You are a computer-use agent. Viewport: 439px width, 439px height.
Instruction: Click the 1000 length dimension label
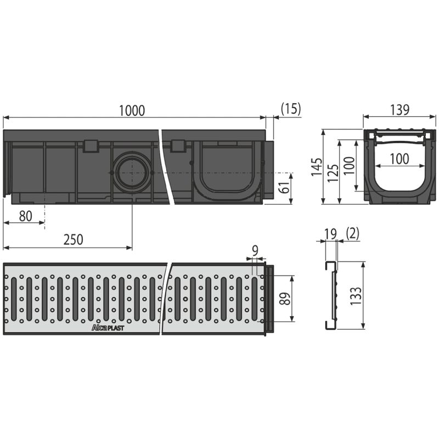(132, 111)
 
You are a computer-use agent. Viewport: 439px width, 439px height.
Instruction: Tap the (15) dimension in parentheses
(291, 108)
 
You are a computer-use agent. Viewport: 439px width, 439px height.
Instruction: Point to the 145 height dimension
(317, 167)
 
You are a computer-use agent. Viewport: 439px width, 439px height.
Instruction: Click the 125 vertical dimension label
(333, 172)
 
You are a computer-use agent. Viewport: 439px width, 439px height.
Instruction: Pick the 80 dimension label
(26, 216)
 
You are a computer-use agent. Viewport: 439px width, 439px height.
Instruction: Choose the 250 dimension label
(74, 240)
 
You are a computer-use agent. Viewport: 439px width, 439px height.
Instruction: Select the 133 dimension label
(356, 296)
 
